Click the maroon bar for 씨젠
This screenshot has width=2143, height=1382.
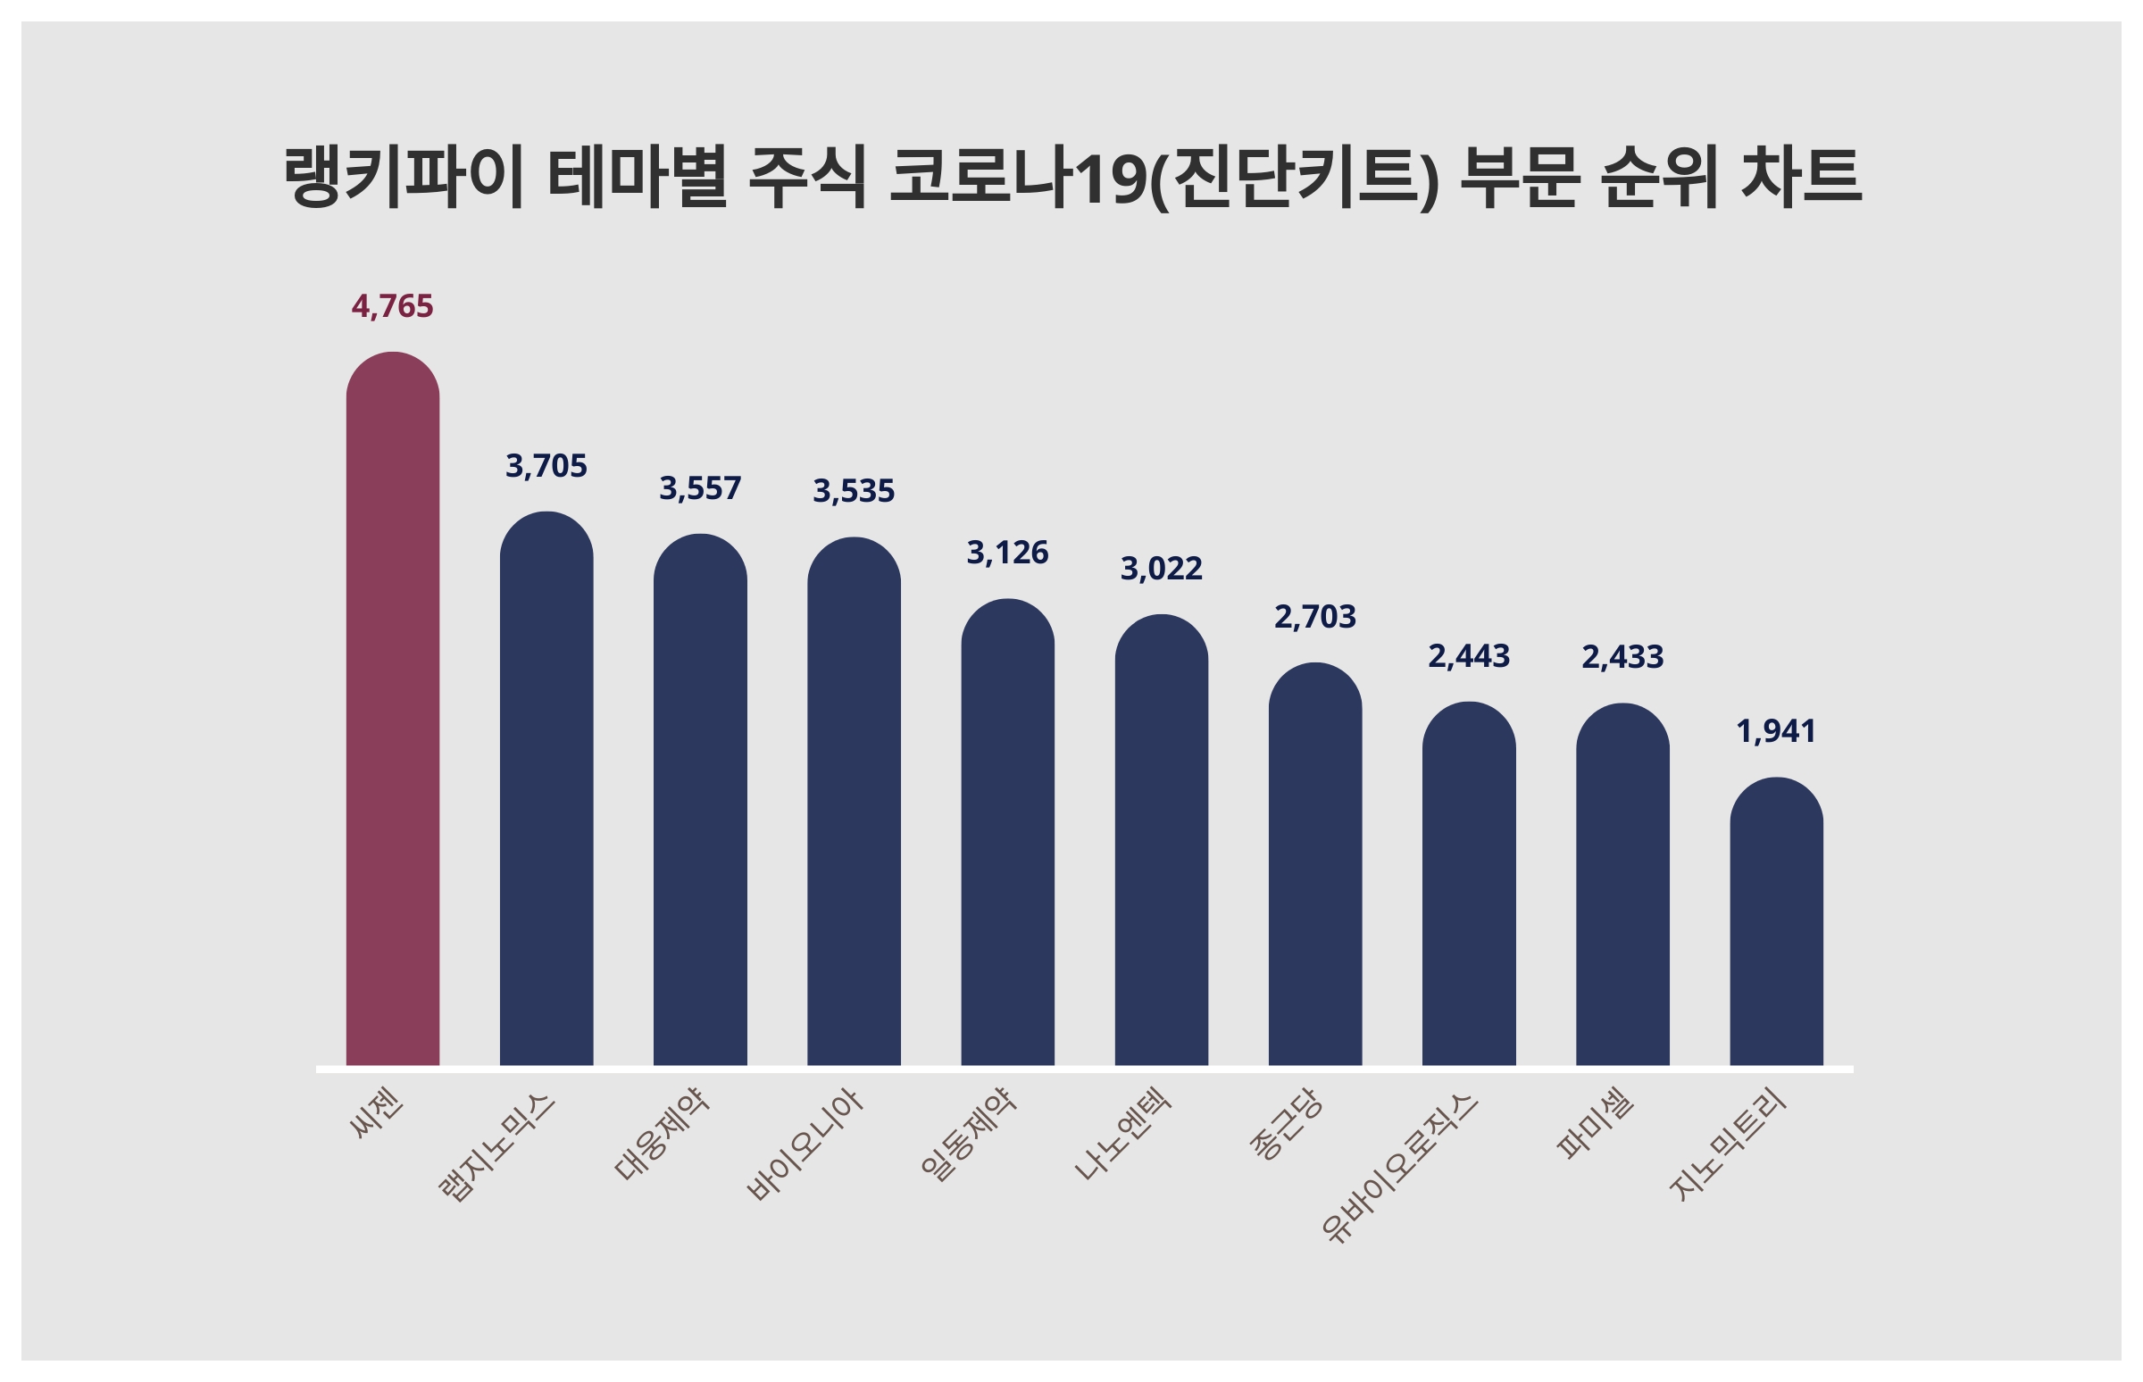click(392, 709)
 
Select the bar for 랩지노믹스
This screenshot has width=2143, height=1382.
click(546, 790)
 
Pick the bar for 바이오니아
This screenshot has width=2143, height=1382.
click(854, 803)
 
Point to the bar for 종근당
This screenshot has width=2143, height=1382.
click(1314, 865)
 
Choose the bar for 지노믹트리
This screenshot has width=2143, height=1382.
click(1776, 922)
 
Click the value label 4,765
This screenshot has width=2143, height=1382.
click(392, 307)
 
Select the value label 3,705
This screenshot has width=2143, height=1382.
click(546, 467)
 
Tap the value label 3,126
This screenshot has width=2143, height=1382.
click(1007, 553)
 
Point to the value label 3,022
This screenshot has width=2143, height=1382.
click(1162, 569)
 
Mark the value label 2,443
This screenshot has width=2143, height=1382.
click(1469, 657)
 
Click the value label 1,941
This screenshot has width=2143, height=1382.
click(1776, 731)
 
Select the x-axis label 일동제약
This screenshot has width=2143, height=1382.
click(968, 1134)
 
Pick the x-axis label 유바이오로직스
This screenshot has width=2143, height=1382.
click(1400, 1167)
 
